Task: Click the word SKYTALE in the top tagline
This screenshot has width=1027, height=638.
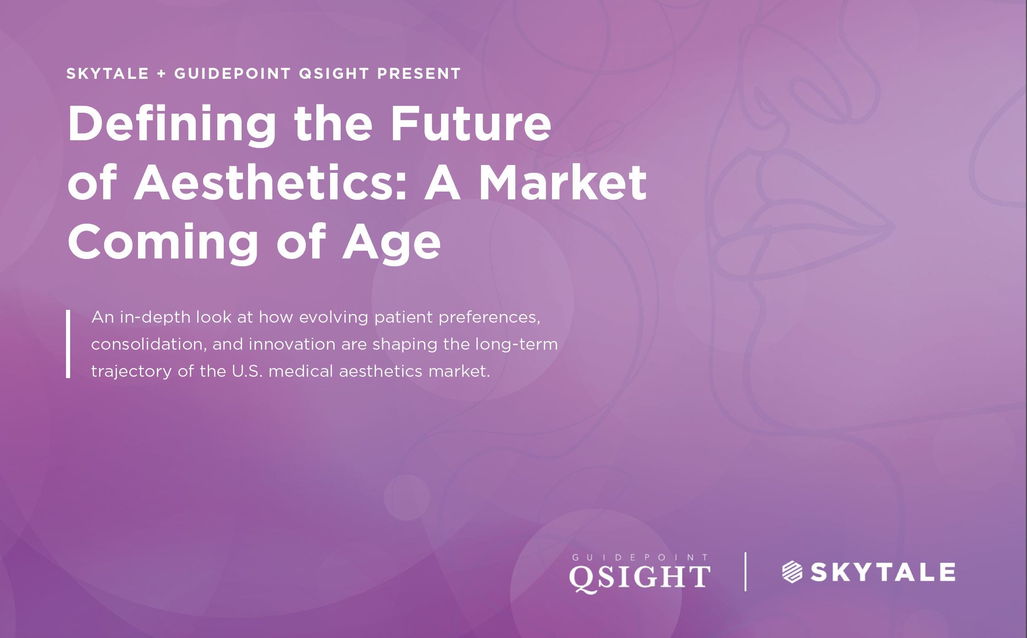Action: pos(108,73)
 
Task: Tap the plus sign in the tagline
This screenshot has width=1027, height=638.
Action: pos(161,74)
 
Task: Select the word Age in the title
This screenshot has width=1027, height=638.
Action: pos(392,243)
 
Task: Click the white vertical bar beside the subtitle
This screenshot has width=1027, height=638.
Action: pos(68,344)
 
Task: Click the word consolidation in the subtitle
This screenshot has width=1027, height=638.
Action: pos(148,344)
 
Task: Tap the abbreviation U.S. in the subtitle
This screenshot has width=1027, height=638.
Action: pos(247,371)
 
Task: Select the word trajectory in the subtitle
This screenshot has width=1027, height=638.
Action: pos(132,372)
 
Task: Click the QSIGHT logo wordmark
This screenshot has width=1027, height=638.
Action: pos(640,577)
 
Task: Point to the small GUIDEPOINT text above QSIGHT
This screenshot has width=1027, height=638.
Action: pos(640,557)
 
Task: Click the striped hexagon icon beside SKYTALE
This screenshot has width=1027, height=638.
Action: pos(792,572)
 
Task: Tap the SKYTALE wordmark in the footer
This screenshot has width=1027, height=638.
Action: pos(883,572)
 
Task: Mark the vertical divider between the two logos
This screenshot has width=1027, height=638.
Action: pos(745,572)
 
